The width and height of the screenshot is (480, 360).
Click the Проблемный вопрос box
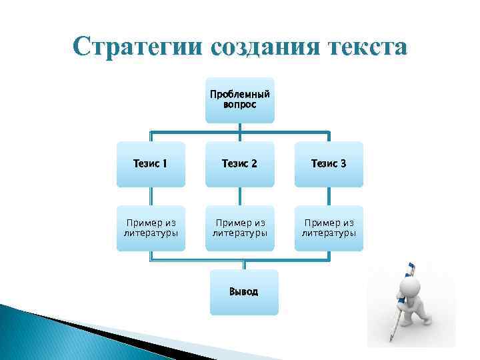(239, 100)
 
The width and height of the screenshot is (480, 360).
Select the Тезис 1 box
(151, 164)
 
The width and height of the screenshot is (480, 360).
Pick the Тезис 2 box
(239, 164)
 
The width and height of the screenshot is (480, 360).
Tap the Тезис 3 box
(329, 164)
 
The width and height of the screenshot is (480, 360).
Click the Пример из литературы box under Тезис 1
(151, 228)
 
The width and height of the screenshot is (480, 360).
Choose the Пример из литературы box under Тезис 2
(239, 228)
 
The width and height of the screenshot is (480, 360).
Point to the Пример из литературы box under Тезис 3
(329, 228)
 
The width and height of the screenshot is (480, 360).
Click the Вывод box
(243, 292)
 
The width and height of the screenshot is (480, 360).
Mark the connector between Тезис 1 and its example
(151, 195)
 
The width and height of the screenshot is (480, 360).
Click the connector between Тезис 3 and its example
(329, 195)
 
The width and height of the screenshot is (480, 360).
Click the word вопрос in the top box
(239, 105)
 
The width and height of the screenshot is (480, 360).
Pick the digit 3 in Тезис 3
(343, 164)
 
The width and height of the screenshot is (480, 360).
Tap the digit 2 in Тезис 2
(253, 164)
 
